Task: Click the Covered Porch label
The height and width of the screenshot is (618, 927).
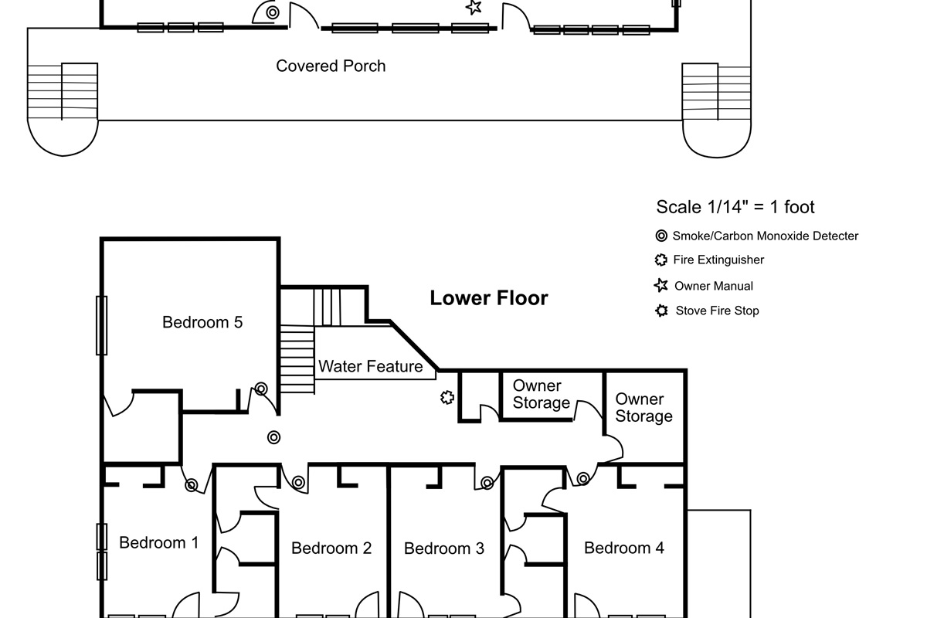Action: pos(331,66)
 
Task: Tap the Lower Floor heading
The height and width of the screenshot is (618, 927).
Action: pos(489,298)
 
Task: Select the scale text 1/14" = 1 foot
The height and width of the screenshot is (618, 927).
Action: pos(761,207)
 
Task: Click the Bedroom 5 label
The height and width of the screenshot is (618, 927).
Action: pos(202,322)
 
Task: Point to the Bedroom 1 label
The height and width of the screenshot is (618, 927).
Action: pos(159,542)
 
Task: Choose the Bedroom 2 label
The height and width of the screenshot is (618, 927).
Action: pos(331,548)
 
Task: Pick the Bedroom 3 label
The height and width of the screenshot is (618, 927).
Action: pos(444,548)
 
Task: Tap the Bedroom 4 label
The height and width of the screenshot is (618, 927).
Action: pos(624,548)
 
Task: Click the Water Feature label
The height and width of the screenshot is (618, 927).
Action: pos(370,366)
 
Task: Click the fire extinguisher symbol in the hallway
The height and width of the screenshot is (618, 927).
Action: pos(447,398)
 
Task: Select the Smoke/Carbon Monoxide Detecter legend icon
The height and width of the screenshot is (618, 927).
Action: pos(661,236)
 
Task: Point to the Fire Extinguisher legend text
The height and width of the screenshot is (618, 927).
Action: pos(718,260)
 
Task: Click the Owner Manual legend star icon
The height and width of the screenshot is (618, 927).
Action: pos(661,285)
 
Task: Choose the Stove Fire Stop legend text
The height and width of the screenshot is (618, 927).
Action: pos(717,311)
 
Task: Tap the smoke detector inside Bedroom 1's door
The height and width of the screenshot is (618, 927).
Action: pos(192,485)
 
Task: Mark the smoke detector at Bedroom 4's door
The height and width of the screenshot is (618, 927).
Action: pos(583,479)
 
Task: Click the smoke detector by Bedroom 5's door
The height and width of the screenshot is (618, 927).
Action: pos(261,389)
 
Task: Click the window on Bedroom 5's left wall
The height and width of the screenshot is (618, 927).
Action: pos(102,325)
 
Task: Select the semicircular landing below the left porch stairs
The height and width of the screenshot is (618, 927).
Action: pos(63,138)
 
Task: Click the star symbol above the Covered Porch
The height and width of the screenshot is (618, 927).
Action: pos(474,7)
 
